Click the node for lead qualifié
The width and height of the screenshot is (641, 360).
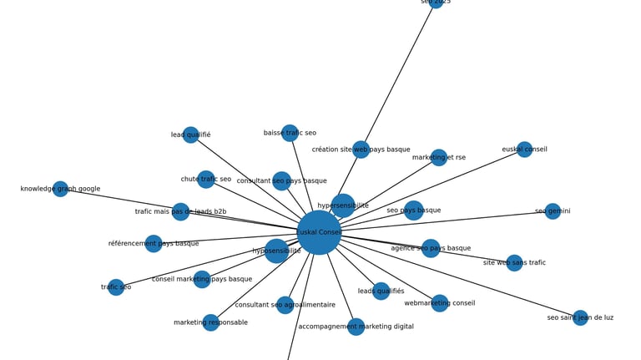[190, 134]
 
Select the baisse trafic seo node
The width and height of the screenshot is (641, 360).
[290, 133]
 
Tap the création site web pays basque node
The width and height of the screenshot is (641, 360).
[361, 150]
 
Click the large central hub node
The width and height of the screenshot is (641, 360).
[319, 232]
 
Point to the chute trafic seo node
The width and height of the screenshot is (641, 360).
[206, 179]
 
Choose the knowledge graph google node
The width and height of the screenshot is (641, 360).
[60, 189]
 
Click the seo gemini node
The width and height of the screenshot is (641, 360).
[553, 211]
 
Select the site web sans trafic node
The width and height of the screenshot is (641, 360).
[514, 262]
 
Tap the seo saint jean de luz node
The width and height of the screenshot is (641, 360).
[580, 317]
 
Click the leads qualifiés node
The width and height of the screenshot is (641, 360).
[381, 291]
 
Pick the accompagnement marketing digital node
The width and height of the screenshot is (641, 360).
[356, 327]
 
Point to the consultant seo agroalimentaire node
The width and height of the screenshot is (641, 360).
[285, 305]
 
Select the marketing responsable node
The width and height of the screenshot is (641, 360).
[210, 322]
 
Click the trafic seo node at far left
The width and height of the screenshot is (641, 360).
[116, 287]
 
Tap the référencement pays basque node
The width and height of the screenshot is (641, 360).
[154, 244]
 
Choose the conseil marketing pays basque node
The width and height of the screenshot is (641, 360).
[202, 279]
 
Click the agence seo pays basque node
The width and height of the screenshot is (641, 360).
[431, 248]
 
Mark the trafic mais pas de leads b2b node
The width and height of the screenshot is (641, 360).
[180, 211]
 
